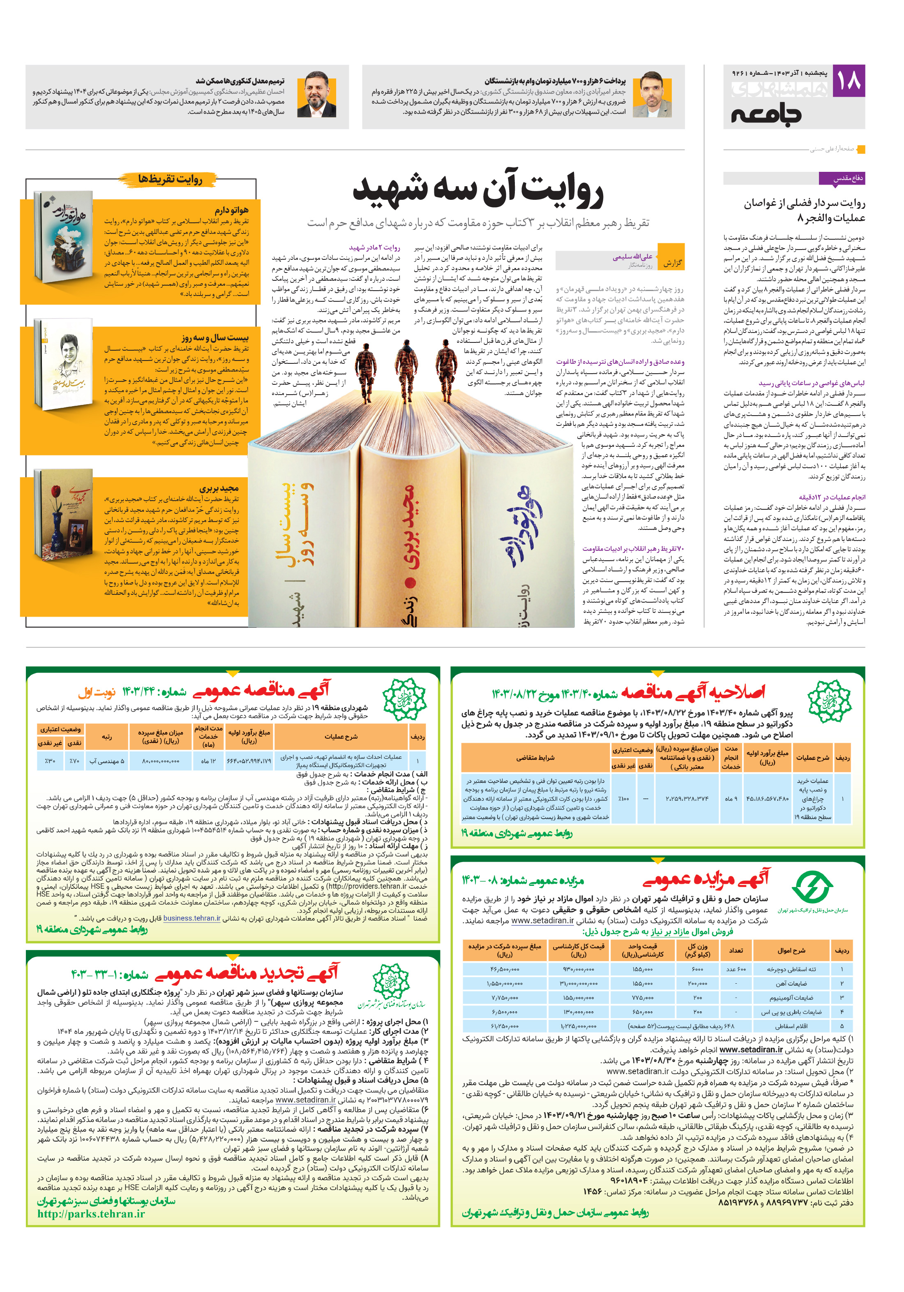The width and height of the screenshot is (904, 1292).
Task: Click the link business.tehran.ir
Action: coord(192,918)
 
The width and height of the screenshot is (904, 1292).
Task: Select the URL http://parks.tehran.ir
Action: coord(91,1214)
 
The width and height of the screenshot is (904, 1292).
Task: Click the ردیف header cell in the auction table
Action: coord(842,950)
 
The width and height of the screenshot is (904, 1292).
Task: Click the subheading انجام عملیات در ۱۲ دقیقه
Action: coord(831,497)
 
